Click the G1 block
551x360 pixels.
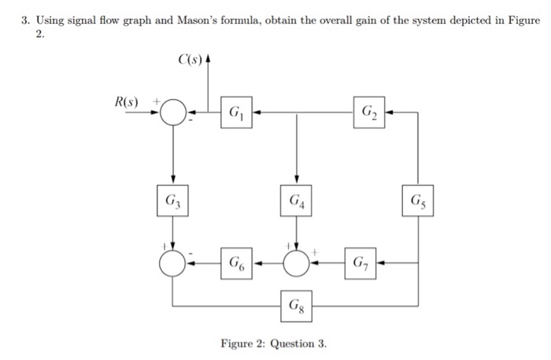coord(236,113)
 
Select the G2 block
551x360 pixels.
coord(369,113)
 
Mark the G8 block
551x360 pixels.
coord(296,304)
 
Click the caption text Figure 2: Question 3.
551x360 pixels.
coord(273,344)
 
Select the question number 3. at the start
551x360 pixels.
coord(27,20)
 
